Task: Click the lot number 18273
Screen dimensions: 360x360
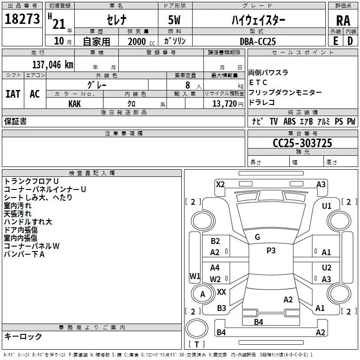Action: (x=22, y=19)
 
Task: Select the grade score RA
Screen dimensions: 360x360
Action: (x=343, y=21)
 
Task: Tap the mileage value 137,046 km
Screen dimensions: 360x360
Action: (x=53, y=65)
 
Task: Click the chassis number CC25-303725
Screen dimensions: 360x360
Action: (x=302, y=143)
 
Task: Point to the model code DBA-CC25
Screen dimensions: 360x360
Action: (x=257, y=41)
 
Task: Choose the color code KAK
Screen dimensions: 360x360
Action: (x=75, y=104)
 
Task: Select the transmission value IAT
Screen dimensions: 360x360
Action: (x=13, y=94)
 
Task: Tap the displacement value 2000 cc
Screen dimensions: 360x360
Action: (x=141, y=42)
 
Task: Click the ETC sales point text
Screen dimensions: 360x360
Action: (x=258, y=82)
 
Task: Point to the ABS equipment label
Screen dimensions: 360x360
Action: (x=289, y=121)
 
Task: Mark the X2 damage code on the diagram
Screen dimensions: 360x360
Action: (x=220, y=184)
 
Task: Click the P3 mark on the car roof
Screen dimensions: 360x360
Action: (x=271, y=251)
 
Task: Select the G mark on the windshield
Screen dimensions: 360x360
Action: (x=257, y=237)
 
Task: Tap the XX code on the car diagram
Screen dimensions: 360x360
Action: (x=221, y=292)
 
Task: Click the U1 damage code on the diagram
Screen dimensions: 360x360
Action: (x=327, y=206)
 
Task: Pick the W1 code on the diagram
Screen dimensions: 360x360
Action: (x=195, y=276)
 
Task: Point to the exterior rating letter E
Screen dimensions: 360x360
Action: (x=335, y=41)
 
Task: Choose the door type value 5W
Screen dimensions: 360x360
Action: (x=174, y=20)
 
